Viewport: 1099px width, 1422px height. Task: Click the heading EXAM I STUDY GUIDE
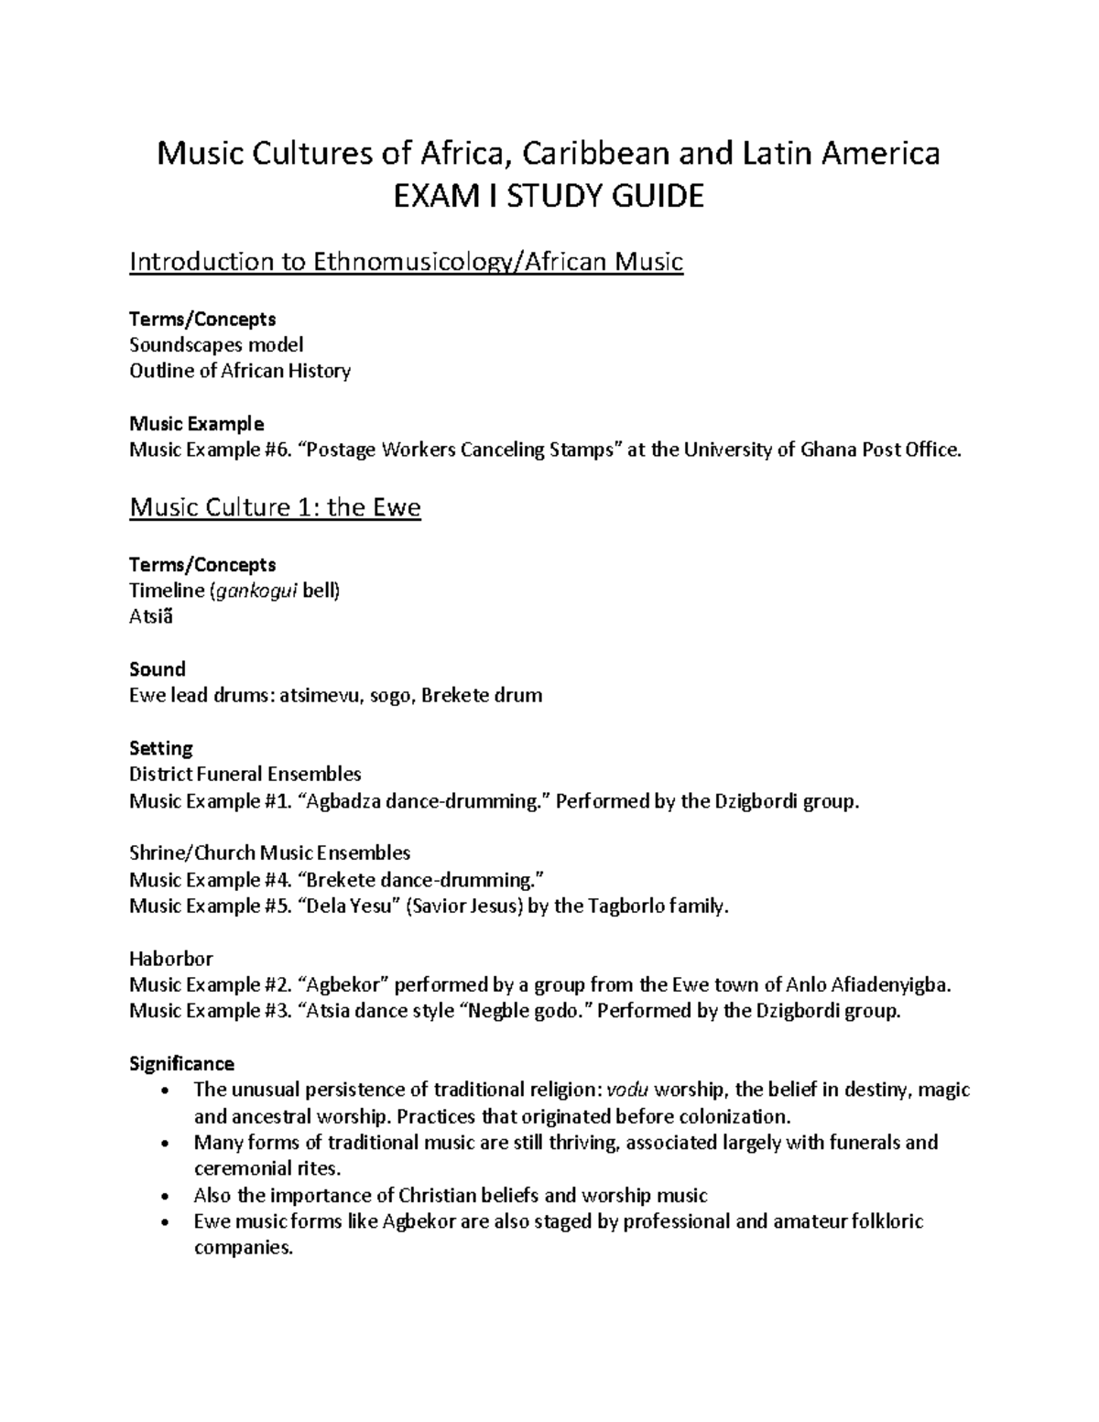coord(549,196)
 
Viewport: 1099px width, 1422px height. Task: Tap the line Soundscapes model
coord(216,344)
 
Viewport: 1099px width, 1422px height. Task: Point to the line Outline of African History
coord(240,371)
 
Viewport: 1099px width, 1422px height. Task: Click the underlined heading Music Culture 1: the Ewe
coord(275,507)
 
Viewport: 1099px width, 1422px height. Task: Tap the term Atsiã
coord(150,616)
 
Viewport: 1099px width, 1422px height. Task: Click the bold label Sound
coord(158,669)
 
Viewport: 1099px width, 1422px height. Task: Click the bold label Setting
coord(161,748)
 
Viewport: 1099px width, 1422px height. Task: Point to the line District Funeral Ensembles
coord(245,775)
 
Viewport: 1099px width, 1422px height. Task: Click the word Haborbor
coord(170,959)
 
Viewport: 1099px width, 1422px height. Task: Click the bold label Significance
coord(181,1064)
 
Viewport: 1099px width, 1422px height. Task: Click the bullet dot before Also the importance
coord(163,1196)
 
